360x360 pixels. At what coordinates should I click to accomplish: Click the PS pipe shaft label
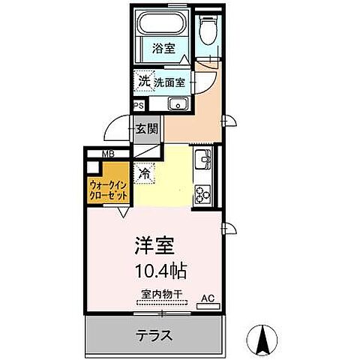[x=138, y=106]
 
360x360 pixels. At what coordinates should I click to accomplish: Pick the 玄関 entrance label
[x=147, y=129]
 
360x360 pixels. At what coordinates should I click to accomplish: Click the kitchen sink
[x=202, y=160]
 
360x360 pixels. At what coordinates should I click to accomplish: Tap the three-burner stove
[x=202, y=193]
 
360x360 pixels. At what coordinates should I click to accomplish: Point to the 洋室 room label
[x=155, y=246]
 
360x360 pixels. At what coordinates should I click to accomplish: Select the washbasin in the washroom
[x=177, y=103]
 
